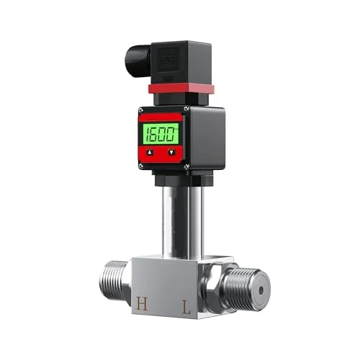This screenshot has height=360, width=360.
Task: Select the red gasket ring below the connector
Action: point(179,89)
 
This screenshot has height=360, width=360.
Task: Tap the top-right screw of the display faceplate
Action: point(186,109)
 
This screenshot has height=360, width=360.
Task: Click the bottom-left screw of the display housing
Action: point(141,171)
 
